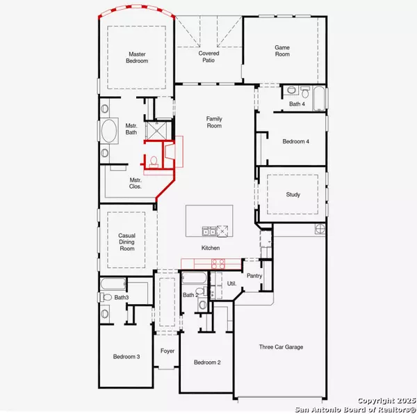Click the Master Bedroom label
(x=138, y=57)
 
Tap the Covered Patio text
(x=209, y=56)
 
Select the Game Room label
(x=281, y=50)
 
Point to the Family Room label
(x=214, y=122)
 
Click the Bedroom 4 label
(x=295, y=141)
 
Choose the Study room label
(x=293, y=194)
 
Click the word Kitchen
(x=211, y=248)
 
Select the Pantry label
(x=254, y=276)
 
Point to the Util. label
(x=232, y=284)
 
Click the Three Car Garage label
(x=281, y=347)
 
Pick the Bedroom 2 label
(x=207, y=363)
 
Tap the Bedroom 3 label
(x=126, y=357)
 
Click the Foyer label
(x=167, y=351)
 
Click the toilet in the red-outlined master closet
(x=153, y=161)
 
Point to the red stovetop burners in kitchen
(x=218, y=263)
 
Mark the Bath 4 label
(x=297, y=104)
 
